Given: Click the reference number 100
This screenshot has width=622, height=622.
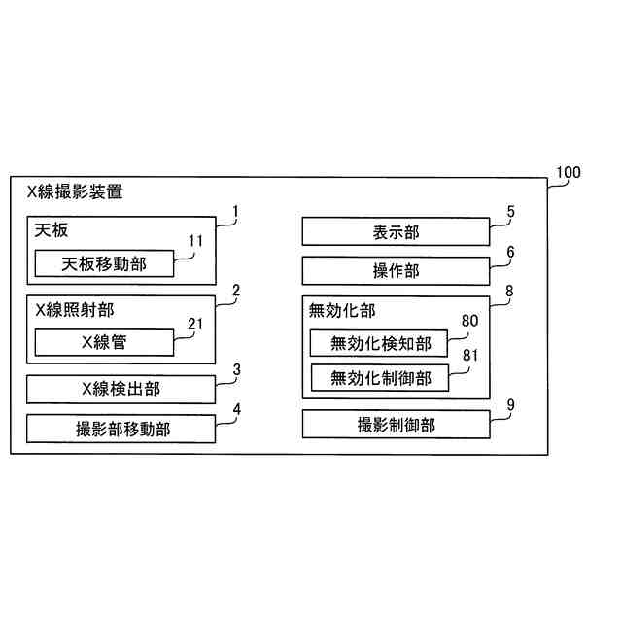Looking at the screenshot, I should [x=568, y=174].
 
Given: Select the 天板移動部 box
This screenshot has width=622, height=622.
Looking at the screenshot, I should [x=105, y=263].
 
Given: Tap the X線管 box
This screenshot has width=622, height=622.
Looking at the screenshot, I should [x=105, y=342].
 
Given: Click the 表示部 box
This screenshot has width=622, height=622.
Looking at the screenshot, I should [x=396, y=232].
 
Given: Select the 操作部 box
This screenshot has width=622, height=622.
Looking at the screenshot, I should [x=396, y=271].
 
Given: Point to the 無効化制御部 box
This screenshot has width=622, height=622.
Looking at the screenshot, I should [x=380, y=377].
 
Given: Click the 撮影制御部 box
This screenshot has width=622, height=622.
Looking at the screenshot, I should [x=396, y=425].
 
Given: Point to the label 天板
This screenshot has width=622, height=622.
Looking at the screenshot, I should [x=51, y=231].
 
